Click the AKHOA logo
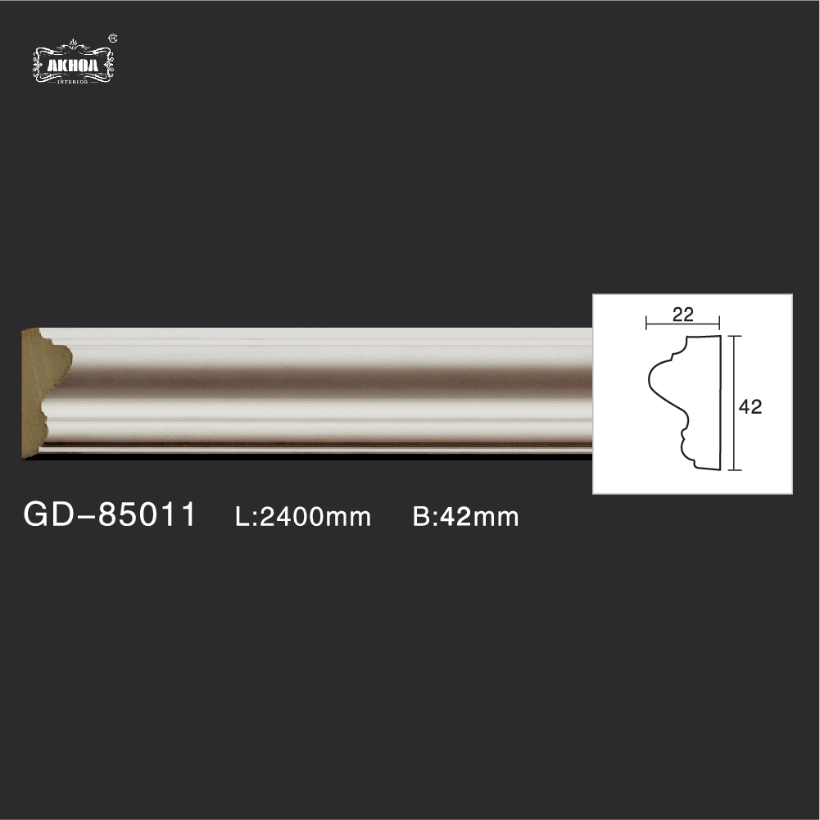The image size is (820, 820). coord(73,62)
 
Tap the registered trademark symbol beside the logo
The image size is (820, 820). coord(112,39)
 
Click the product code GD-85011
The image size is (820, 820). coord(110,514)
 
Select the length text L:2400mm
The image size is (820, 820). coord(303,517)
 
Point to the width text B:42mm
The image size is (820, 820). coord(465,517)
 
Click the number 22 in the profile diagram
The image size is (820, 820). coord(683,315)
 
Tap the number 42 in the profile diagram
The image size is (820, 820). coord(750,406)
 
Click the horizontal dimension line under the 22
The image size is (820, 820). coord(683,324)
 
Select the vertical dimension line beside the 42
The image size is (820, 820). coord(735,403)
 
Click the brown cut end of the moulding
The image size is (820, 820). coord(44,392)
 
